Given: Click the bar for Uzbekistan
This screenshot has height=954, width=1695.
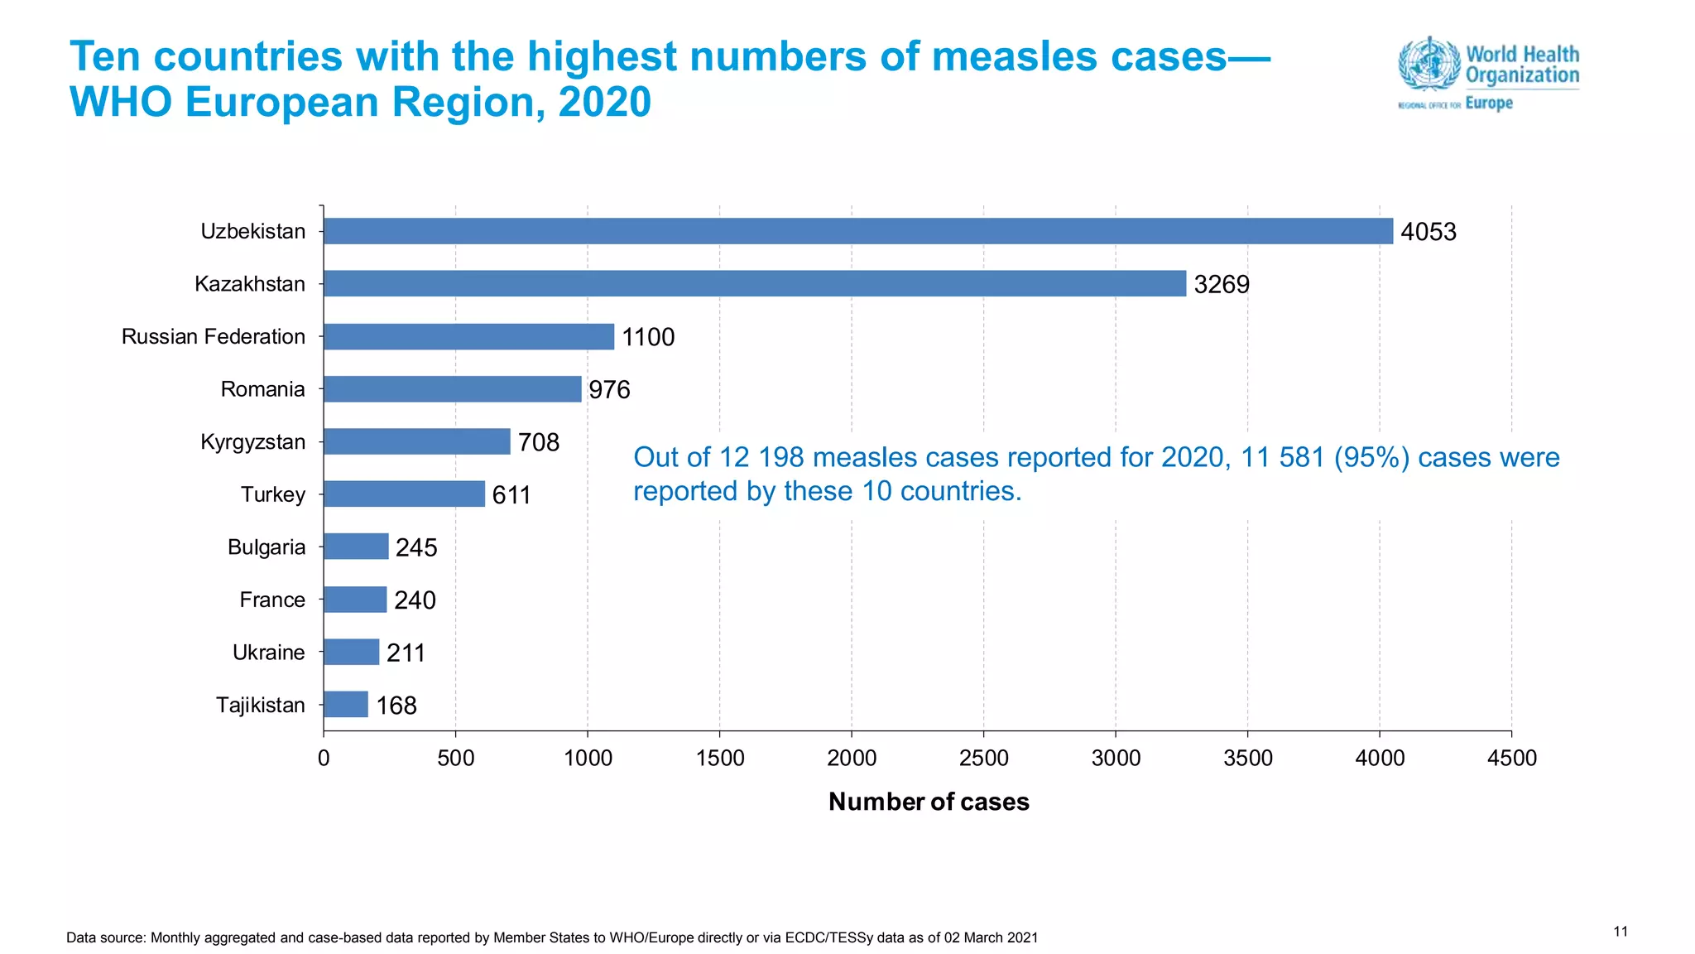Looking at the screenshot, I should point(857,231).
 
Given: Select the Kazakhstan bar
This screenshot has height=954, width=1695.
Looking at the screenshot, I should point(754,283).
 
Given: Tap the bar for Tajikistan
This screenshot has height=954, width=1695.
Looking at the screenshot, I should point(346,705).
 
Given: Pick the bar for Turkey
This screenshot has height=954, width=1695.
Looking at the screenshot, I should point(404,494).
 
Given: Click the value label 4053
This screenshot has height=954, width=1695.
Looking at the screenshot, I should point(1428,232).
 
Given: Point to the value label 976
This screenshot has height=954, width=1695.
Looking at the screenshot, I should point(609,390).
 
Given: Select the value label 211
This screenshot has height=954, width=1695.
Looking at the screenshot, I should point(406,653).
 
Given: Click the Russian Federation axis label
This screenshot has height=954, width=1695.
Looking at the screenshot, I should point(213,336).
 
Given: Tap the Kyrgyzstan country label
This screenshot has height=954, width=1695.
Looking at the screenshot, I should point(252,441).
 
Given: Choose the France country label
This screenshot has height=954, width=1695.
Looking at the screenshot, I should point(272,600).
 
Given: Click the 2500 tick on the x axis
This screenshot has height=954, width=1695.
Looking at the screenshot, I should point(983,758).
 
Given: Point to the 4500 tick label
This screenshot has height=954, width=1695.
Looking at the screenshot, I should point(1511,758).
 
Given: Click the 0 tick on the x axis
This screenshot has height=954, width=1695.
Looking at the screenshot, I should point(324,758).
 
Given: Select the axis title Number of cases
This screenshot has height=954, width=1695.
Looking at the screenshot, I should point(929,802).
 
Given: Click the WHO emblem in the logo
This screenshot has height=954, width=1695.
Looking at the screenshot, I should point(1429,64).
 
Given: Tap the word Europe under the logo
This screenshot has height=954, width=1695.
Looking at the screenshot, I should point(1488,104).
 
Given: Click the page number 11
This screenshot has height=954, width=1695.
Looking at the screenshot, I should point(1621,932).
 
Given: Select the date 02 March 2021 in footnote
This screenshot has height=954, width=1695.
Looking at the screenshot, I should point(991,937).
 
